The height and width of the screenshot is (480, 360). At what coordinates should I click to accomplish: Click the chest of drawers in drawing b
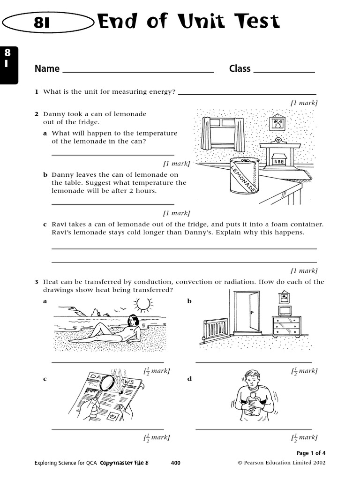[x=286, y=326]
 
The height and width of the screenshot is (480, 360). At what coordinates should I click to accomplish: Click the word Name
[x=47, y=69]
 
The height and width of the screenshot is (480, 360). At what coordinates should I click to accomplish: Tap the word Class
[x=240, y=69]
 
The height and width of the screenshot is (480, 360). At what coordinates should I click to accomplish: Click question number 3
[x=36, y=282]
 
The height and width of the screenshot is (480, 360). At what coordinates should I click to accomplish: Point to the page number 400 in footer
[x=176, y=463]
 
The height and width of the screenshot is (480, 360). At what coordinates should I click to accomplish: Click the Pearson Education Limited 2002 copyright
[x=282, y=463]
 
